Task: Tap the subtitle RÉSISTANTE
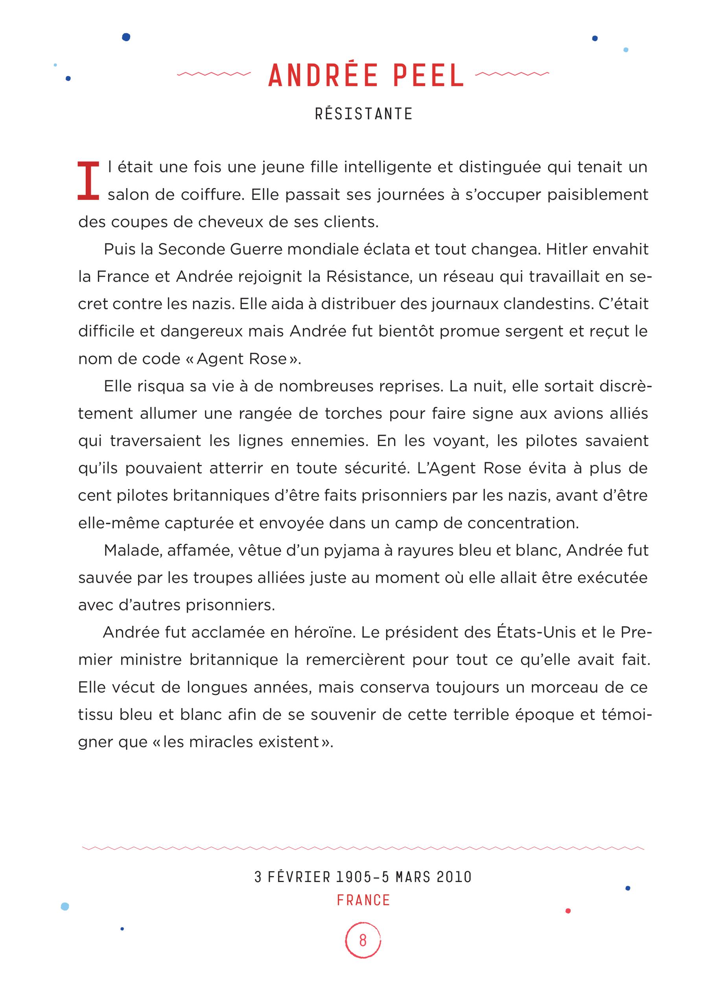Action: click(364, 114)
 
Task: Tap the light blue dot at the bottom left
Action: click(65, 906)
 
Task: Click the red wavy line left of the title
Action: click(214, 74)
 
